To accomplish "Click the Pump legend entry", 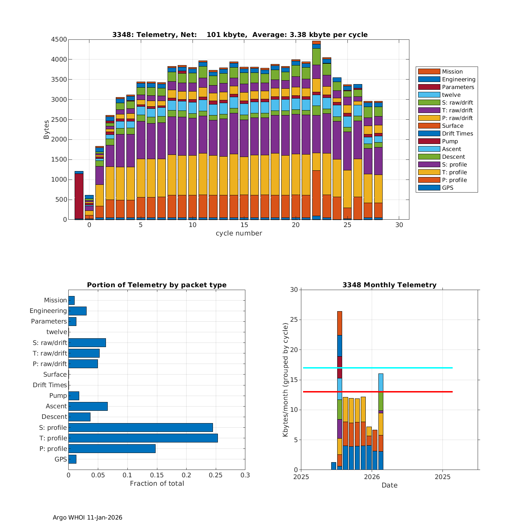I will [450, 141].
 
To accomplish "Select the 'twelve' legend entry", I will [451, 95].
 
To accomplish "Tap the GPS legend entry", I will [447, 188].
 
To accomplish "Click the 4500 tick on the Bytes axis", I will [59, 39].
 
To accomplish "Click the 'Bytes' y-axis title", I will [46, 130].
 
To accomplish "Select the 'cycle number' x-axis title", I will [239, 233].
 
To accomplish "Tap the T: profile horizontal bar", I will [143, 438].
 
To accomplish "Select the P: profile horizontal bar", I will [112, 448].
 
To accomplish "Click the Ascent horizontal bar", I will [88, 406].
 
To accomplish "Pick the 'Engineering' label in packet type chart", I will [48, 311].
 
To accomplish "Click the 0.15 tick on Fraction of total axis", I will [157, 475].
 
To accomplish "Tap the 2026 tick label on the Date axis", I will [372, 477].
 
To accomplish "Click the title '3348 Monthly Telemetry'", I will [389, 285].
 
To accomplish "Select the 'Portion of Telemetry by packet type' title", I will [157, 285].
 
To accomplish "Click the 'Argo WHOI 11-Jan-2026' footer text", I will [87, 517].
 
